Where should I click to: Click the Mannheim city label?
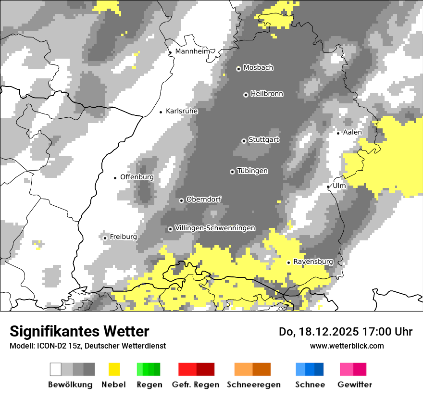(194, 51)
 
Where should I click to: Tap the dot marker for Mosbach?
(238, 69)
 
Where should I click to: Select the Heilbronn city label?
(267, 94)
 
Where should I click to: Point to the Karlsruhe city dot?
(161, 112)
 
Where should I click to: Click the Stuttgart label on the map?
(263, 140)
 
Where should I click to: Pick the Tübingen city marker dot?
(233, 172)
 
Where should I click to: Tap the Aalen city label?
(352, 132)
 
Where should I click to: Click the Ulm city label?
(339, 186)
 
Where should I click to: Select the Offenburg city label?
(137, 177)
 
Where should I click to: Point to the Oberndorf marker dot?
(181, 200)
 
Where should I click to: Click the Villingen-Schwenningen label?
(215, 228)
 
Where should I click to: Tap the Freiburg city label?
(124, 237)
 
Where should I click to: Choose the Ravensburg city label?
(313, 262)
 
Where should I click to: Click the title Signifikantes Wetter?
(79, 331)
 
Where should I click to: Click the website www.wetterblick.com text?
(347, 346)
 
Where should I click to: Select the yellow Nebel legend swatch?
(114, 369)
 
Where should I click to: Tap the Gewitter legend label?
(354, 385)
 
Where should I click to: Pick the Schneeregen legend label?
(254, 385)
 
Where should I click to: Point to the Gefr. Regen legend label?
(196, 385)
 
